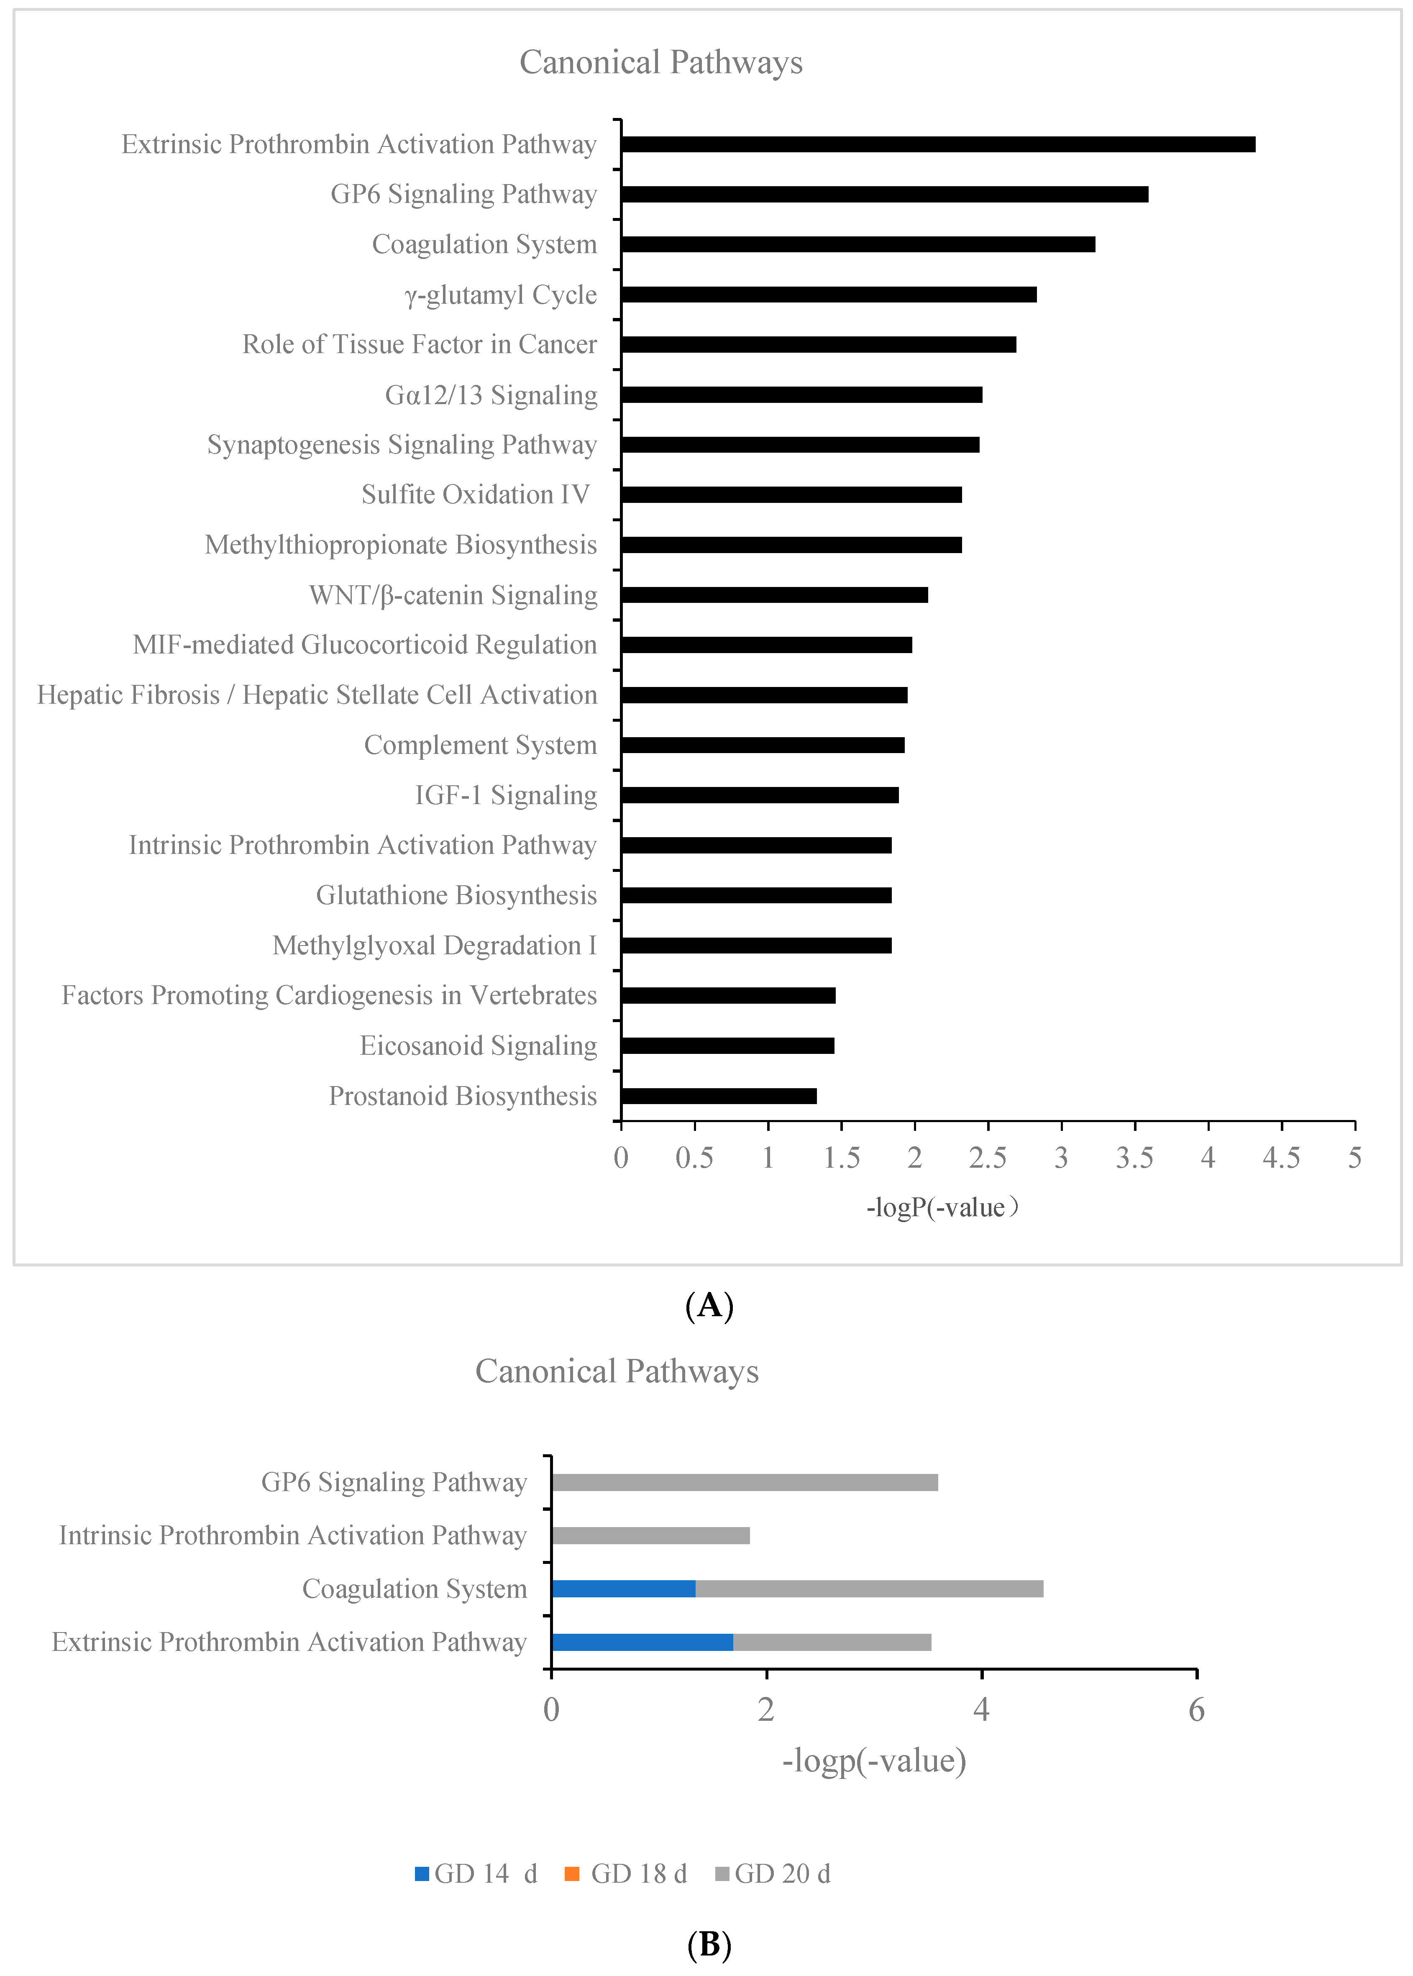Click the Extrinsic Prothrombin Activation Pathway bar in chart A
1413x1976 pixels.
point(938,144)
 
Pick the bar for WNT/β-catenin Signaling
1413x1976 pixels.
point(774,595)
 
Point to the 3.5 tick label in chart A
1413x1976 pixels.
point(1134,1158)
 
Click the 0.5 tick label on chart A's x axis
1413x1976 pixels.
point(694,1158)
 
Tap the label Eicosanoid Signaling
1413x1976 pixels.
point(479,1046)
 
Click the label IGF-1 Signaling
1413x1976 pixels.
point(506,795)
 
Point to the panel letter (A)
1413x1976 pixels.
point(709,1306)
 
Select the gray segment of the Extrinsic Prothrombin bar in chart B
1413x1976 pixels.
point(832,1642)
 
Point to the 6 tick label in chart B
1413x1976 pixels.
point(1196,1710)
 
